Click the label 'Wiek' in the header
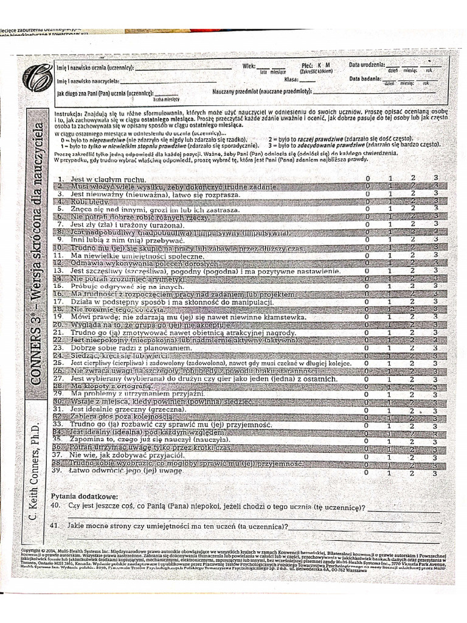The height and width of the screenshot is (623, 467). tap(248, 65)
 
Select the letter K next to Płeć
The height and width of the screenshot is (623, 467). tap(318, 64)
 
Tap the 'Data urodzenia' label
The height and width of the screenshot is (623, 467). tap(367, 64)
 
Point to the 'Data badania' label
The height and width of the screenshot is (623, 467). tap(365, 78)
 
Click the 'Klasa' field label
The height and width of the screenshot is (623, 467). tap(291, 79)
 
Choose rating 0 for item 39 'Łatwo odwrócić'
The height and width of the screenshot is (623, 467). tap(367, 472)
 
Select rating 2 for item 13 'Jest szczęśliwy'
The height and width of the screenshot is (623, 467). tap(413, 271)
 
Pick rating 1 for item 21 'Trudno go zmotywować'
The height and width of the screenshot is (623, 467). tap(389, 333)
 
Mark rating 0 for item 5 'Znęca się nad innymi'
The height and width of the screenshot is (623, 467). tap(367, 208)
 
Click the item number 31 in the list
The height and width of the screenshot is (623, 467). tap(58, 410)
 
